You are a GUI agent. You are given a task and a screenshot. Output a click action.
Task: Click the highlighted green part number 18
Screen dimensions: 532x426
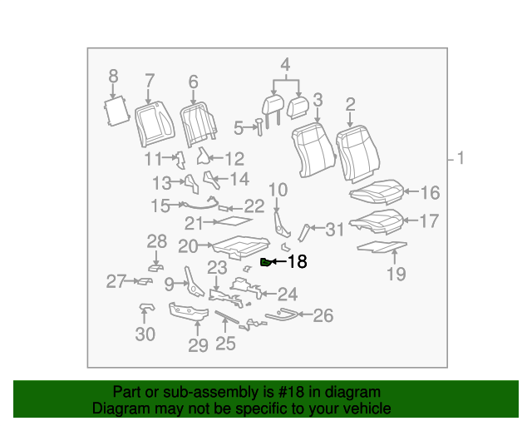(x=266, y=262)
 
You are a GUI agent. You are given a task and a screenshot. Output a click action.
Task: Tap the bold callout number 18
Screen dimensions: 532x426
(x=298, y=261)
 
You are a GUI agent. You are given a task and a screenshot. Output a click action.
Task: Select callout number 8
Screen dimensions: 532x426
(x=113, y=76)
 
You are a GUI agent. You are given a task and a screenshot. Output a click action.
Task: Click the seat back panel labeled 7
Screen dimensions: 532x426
(x=155, y=124)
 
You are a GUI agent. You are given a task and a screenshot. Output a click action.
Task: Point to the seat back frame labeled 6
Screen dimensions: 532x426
(x=199, y=124)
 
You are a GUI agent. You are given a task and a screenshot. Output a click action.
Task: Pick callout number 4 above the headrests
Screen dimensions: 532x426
(x=285, y=65)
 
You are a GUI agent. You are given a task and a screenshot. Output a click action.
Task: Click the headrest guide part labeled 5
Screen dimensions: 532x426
(x=259, y=127)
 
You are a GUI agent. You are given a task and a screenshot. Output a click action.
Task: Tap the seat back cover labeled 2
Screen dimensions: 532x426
(x=358, y=154)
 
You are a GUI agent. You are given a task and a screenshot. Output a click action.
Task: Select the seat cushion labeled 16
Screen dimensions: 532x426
(x=377, y=192)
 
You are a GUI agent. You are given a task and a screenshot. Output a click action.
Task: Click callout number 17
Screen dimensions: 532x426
(x=430, y=220)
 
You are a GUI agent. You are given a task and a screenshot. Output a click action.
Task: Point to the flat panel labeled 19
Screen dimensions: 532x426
(x=382, y=246)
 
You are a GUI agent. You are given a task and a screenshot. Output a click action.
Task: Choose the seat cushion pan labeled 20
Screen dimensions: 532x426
(x=241, y=247)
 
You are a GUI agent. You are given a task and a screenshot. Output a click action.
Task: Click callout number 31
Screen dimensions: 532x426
(x=334, y=230)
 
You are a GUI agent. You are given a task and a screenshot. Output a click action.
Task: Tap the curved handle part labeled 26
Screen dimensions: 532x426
(x=281, y=315)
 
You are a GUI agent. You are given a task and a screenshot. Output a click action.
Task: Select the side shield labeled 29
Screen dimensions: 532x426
(x=189, y=311)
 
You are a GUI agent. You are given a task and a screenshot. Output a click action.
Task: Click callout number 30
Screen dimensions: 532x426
(x=145, y=334)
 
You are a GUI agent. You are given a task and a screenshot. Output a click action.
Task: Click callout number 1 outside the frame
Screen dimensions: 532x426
(x=460, y=158)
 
